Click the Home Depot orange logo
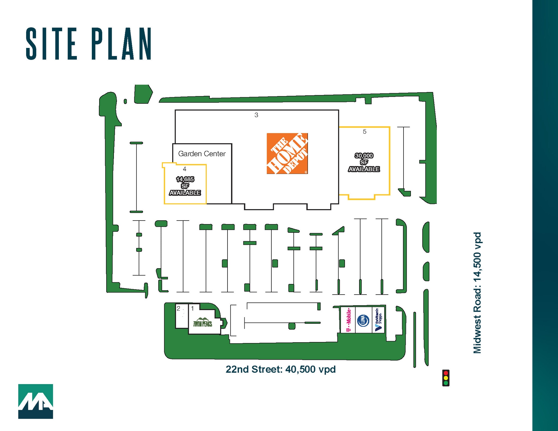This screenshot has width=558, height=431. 287,153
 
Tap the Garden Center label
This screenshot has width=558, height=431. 202,154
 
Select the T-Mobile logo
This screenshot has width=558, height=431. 348,320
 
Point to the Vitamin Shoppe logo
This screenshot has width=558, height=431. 378,320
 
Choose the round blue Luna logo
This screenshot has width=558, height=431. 363,320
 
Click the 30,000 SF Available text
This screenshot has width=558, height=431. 364,162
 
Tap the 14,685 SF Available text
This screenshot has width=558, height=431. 185,186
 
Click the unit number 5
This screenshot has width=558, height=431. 365,132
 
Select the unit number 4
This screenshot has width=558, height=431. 184,169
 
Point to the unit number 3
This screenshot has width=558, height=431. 256,115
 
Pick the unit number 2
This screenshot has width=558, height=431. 178,308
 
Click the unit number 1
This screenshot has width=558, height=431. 192,308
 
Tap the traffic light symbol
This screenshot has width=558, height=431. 446,378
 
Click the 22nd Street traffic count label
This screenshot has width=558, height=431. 281,369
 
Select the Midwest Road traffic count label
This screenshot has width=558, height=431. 477,293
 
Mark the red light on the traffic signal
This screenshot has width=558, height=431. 446,373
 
